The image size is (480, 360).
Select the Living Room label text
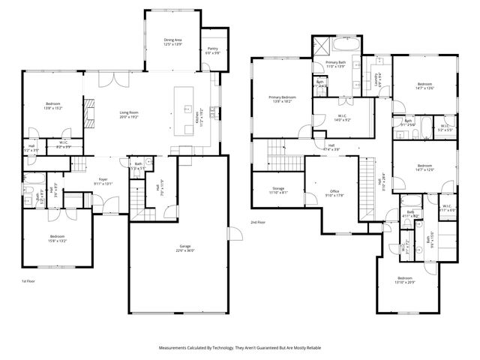130,113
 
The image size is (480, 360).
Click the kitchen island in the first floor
184,109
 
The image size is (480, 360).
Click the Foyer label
103,179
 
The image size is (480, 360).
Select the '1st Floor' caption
28,280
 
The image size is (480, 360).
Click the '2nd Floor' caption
258,223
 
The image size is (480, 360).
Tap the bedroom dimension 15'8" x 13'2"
57,240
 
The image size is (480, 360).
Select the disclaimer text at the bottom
239,348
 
